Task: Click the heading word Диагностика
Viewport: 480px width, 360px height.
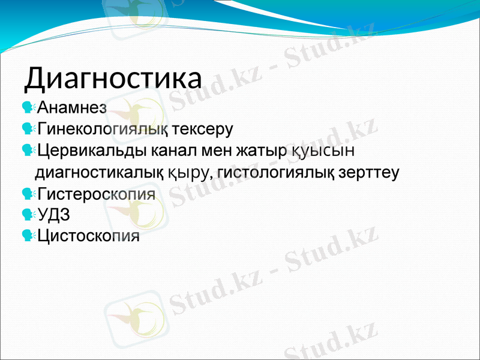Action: tap(113, 79)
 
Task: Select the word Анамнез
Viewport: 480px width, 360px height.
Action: tap(72, 108)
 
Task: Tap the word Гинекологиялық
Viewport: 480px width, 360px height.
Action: tap(105, 129)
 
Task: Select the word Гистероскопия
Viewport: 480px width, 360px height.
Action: tap(97, 194)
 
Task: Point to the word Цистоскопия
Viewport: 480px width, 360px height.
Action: tap(89, 236)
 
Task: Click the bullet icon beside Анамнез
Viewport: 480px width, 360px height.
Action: tap(28, 108)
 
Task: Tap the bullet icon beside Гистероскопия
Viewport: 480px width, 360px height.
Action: tap(28, 194)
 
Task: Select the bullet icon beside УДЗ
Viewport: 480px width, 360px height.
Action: tap(28, 215)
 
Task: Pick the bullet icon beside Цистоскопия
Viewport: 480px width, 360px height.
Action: tap(28, 236)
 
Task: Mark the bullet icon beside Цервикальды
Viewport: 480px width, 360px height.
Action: tap(28, 150)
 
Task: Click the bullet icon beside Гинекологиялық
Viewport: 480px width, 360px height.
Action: tap(28, 129)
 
